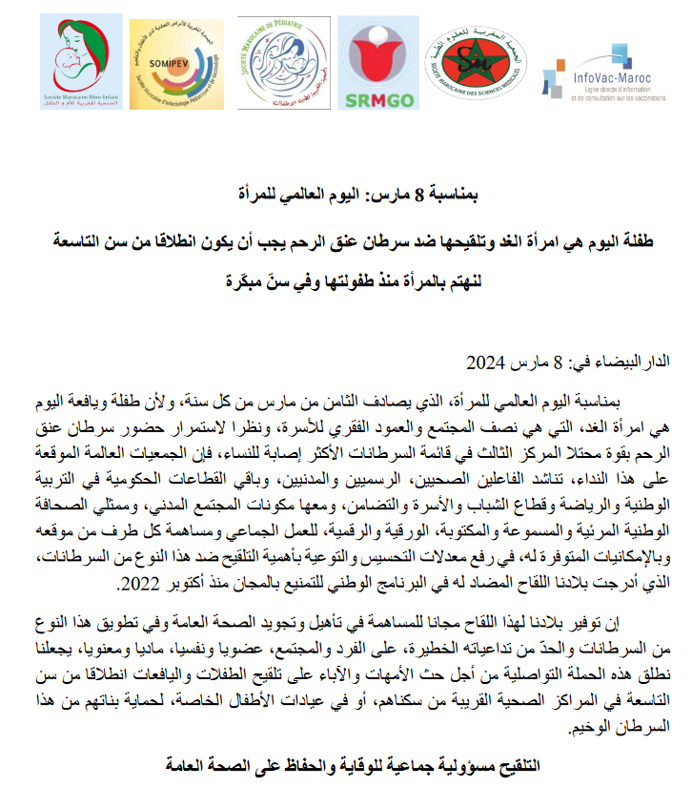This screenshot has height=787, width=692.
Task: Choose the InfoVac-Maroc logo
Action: (601, 72)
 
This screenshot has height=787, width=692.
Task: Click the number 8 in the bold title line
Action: (417, 196)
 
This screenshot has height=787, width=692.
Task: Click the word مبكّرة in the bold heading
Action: (250, 282)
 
